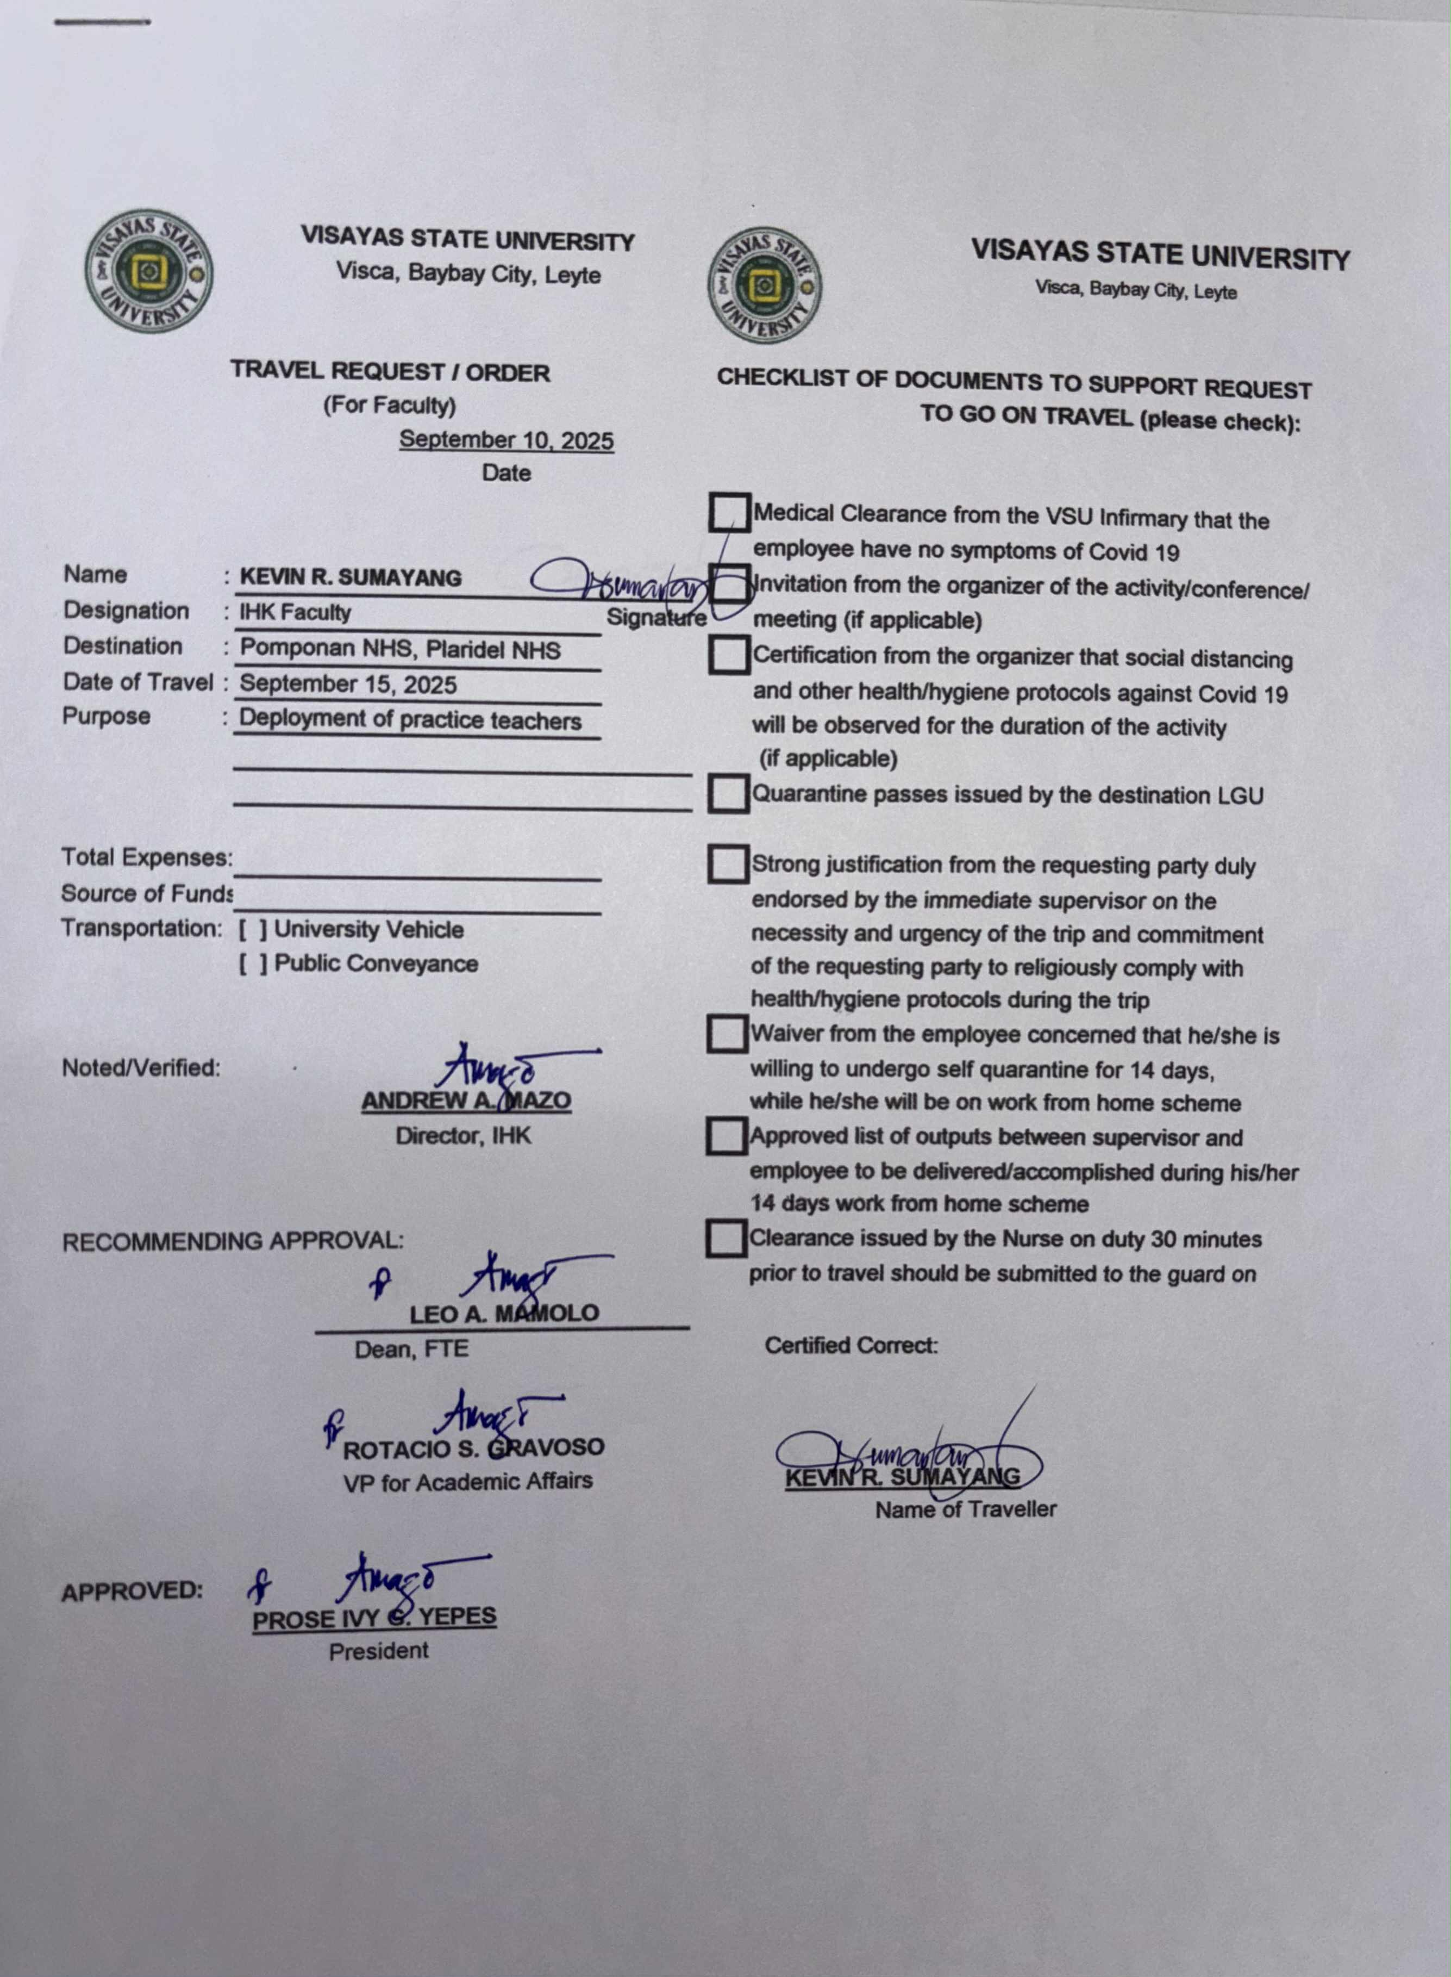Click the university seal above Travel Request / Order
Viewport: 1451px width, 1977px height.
point(148,271)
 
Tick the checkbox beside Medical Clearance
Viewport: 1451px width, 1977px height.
point(729,512)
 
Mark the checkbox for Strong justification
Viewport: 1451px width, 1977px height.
point(727,864)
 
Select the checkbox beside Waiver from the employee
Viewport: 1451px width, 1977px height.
point(727,1034)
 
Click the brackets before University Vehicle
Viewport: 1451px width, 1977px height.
point(253,930)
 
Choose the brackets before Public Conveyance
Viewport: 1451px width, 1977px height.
point(253,964)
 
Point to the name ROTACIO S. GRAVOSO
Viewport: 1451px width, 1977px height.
point(473,1448)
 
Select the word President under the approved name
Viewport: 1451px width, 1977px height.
point(379,1651)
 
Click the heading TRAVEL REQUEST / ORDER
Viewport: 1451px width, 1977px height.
point(390,372)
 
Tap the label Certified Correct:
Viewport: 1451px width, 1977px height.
point(850,1345)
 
